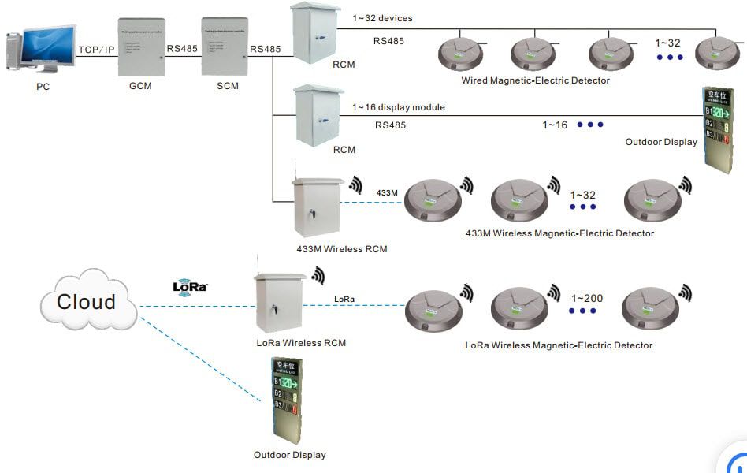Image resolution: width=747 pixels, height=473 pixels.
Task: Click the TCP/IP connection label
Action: (x=97, y=50)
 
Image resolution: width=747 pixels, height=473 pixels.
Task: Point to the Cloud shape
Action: (x=86, y=301)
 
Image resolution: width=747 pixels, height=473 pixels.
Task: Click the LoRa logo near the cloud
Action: (x=190, y=286)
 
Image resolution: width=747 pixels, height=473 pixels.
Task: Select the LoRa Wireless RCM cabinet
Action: (x=279, y=304)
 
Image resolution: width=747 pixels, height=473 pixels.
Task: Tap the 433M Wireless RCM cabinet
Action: (x=318, y=207)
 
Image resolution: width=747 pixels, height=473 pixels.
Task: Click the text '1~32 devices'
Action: (x=383, y=18)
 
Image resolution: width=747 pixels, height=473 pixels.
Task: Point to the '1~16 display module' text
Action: (x=398, y=107)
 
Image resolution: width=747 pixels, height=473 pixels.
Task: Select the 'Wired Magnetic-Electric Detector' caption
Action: (x=535, y=80)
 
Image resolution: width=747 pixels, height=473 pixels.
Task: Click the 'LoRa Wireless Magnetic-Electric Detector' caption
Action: (x=559, y=345)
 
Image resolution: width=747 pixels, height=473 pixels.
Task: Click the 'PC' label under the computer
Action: (x=43, y=87)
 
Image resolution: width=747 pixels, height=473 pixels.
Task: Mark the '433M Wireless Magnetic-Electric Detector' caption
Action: (x=559, y=233)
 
